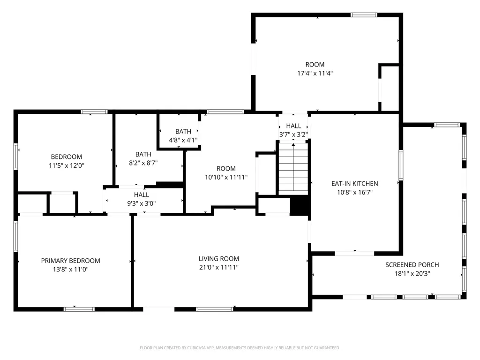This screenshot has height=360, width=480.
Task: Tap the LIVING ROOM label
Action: (219, 259)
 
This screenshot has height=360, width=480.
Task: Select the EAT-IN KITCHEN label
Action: (354, 184)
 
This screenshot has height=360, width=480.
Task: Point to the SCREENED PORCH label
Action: (412, 265)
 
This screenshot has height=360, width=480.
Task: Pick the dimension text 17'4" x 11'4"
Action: (315, 73)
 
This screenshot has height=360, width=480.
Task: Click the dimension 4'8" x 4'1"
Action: (183, 140)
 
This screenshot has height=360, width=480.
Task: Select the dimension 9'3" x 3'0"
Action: (142, 203)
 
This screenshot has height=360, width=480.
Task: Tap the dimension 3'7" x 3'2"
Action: (293, 135)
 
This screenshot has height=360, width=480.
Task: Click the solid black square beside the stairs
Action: (300, 205)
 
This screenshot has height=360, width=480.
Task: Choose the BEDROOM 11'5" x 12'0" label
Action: (67, 161)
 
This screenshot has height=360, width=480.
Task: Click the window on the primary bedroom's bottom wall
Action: (79, 309)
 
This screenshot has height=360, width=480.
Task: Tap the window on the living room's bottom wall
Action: (214, 309)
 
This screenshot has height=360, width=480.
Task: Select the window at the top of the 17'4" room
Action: (364, 15)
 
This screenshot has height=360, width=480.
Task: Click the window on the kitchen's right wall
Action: (401, 165)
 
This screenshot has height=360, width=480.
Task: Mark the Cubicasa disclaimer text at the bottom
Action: (240, 348)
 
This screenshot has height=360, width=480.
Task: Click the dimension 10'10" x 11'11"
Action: (226, 177)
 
